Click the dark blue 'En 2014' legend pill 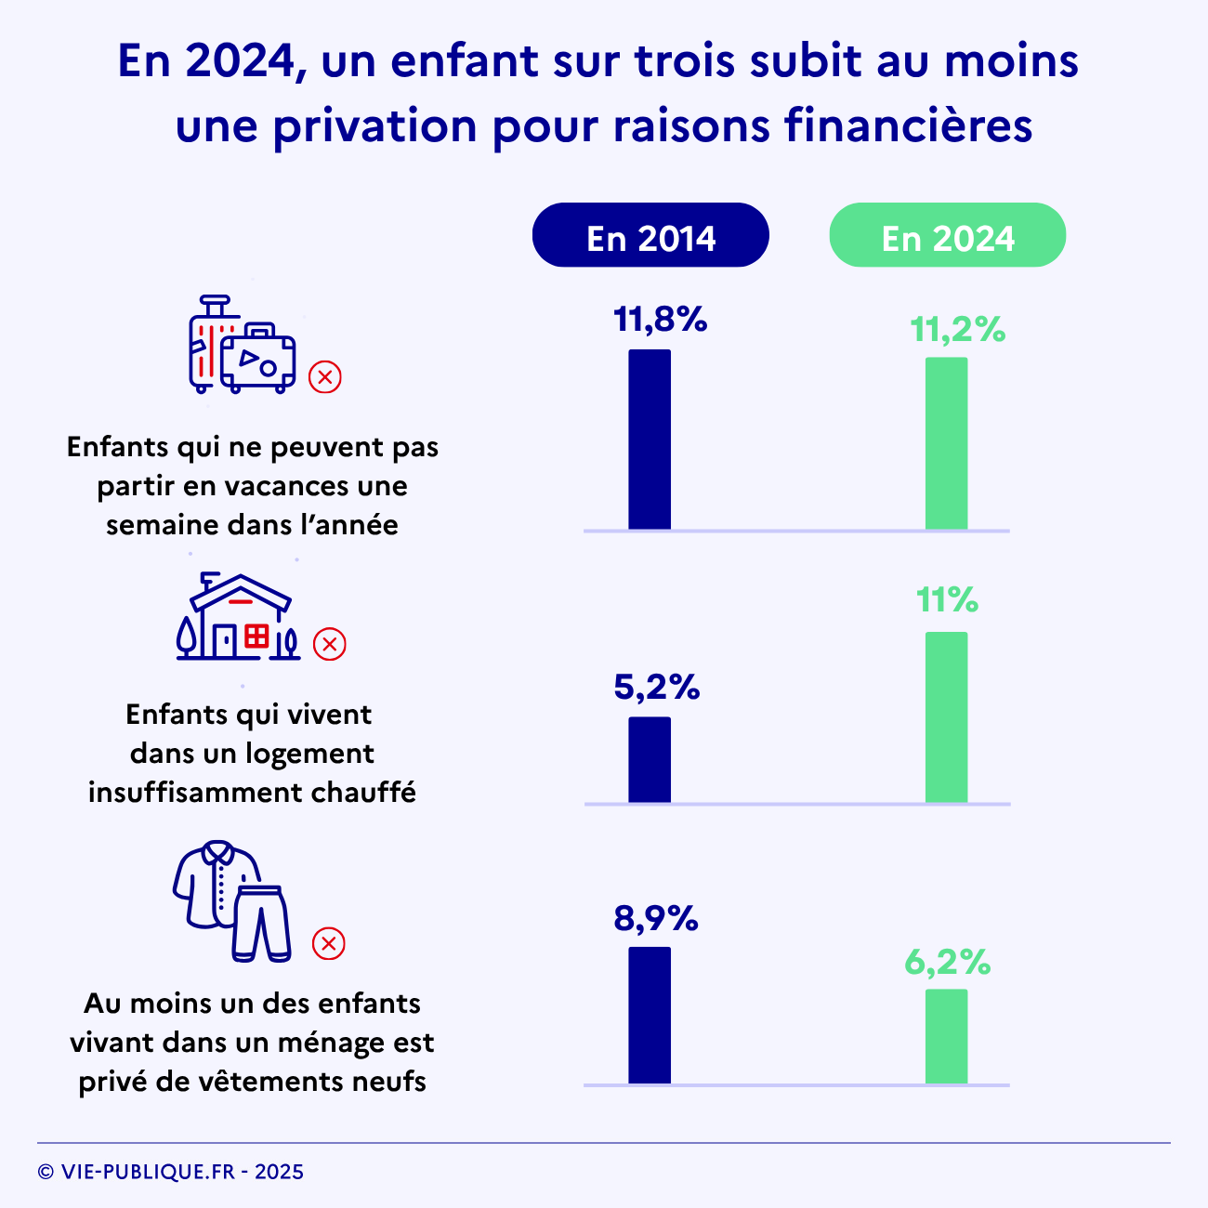(x=650, y=235)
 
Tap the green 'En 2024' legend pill (x=947, y=235)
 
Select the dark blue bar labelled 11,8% (x=650, y=440)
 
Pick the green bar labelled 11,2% (x=946, y=443)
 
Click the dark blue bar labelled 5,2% (x=650, y=759)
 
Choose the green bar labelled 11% (x=946, y=716)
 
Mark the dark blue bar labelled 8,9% (x=650, y=1015)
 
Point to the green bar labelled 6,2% (x=946, y=1036)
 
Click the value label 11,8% (x=660, y=321)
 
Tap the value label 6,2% (x=948, y=963)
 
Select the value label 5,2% (x=656, y=688)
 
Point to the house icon (x=239, y=617)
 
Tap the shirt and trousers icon (x=231, y=900)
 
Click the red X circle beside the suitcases (x=325, y=377)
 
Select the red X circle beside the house (x=329, y=644)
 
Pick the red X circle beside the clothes (x=328, y=943)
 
